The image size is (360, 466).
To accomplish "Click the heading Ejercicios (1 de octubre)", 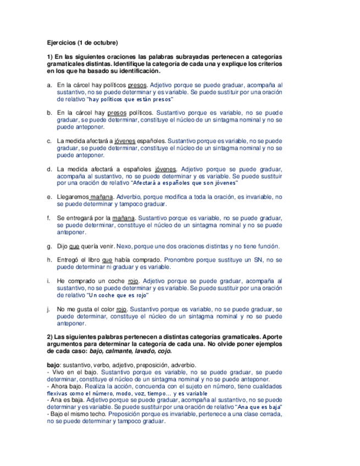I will click(82, 42).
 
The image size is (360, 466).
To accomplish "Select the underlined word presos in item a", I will click(137, 86).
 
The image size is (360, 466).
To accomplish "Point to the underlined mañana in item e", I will click(102, 197).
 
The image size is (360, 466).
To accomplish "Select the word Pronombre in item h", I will click(181, 260).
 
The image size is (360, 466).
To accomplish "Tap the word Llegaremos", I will click(73, 197).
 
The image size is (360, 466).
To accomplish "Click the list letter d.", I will click(49, 169).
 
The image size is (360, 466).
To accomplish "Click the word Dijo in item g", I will click(63, 246).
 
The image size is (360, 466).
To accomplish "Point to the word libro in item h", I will click(92, 260).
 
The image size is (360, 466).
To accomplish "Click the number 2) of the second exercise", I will click(49, 336).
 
